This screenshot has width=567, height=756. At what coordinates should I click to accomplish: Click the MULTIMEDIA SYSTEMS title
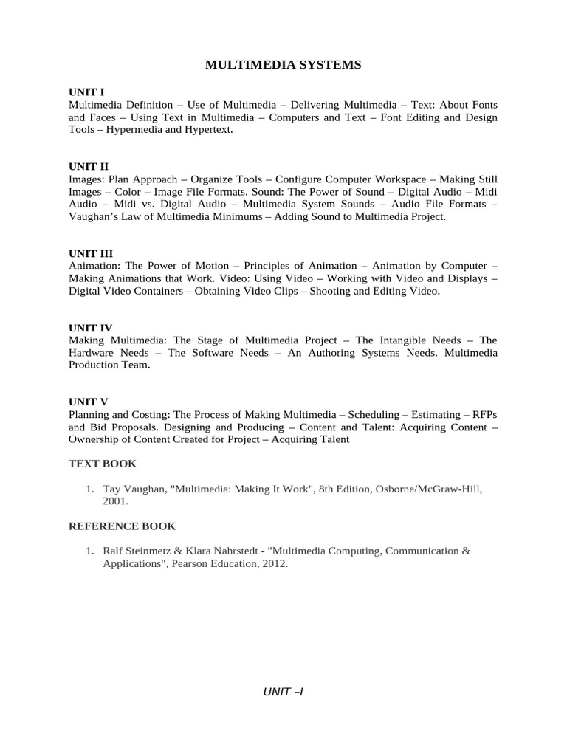point(283,65)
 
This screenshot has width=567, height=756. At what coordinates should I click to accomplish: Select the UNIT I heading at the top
point(86,92)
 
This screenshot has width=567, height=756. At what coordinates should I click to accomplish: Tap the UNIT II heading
point(89,167)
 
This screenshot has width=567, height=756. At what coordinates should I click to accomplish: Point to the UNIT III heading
point(91,253)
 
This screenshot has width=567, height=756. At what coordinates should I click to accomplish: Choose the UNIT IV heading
point(90,327)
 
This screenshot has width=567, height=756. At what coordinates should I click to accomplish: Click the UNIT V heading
point(88,402)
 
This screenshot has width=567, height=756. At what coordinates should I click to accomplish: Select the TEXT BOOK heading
point(103,464)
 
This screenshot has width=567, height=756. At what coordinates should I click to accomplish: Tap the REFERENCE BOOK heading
point(123,526)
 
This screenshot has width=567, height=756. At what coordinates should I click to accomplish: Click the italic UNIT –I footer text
point(283,692)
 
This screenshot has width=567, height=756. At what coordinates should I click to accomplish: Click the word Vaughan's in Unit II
point(95,216)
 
